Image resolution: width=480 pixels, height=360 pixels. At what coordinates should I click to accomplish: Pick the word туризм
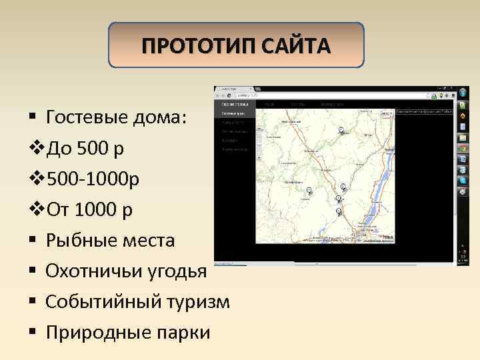tap(200, 301)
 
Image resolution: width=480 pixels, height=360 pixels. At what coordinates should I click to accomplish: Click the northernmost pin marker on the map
tap(340, 129)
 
